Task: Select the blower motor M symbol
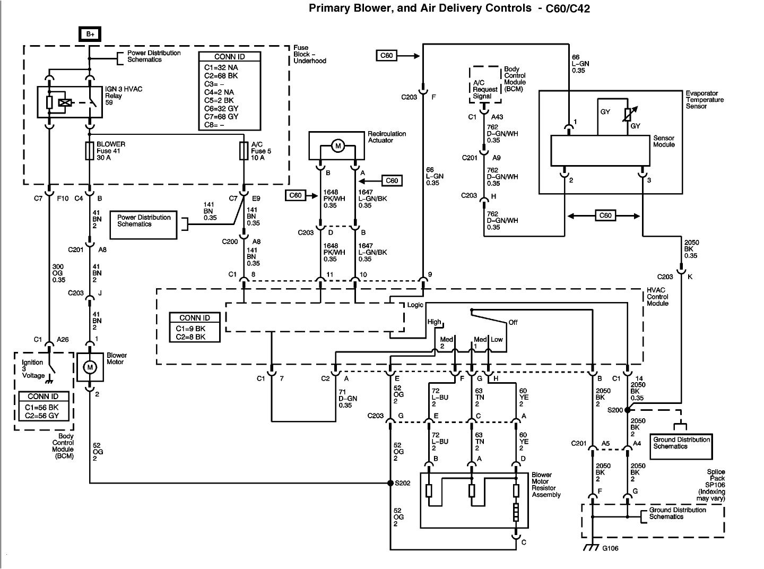tap(90, 367)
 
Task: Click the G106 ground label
tap(609, 548)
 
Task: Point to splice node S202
tap(390, 483)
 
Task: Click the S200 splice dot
tap(628, 410)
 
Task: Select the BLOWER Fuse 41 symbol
tap(90, 151)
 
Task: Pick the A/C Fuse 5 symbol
tap(244, 151)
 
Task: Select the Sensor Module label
tap(664, 141)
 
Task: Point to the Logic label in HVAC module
tap(415, 305)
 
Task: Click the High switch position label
tap(434, 322)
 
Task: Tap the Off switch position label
tap(513, 322)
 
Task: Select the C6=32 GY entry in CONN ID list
tap(221, 108)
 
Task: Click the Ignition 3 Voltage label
tap(33, 369)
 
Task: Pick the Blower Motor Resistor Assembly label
tap(546, 485)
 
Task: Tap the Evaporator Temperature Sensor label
tap(704, 99)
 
